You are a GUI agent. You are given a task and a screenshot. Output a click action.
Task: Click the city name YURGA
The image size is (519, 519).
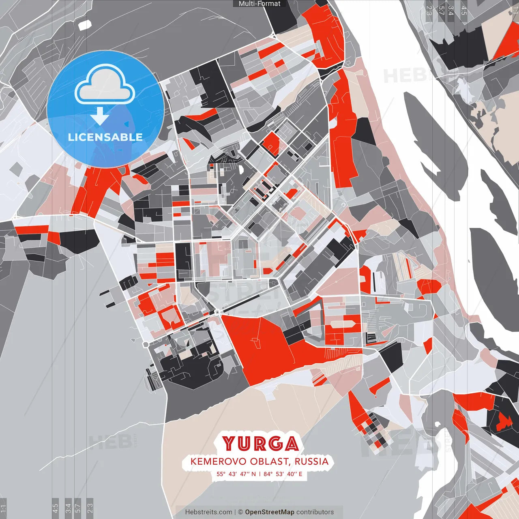pyautogui.click(x=260, y=444)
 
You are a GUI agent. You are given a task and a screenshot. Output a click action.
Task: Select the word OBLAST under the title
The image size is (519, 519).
pyautogui.click(x=269, y=461)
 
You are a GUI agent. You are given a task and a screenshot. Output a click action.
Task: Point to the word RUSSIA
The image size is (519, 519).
pyautogui.click(x=311, y=461)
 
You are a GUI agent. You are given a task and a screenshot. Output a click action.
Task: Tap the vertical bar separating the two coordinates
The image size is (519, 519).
pyautogui.click(x=259, y=474)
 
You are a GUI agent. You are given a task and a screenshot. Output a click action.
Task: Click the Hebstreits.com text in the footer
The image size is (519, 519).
pyautogui.click(x=208, y=512)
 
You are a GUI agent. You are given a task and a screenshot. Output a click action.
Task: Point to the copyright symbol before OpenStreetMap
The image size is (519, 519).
pyautogui.click(x=240, y=512)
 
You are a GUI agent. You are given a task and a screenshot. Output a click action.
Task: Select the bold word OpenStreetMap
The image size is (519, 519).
pyautogui.click(x=269, y=512)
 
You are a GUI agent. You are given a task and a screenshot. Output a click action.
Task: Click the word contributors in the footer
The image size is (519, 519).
pyautogui.click(x=315, y=512)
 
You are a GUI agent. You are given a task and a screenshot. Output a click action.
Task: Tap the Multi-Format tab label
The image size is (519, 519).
pyautogui.click(x=259, y=4)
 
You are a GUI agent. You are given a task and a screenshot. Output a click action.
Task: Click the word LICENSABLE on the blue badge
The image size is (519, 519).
pyautogui.click(x=105, y=137)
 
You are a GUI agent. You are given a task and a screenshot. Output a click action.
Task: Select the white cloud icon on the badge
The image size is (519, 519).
pyautogui.click(x=105, y=84)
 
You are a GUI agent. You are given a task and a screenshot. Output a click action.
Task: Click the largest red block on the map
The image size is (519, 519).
pyautogui.click(x=259, y=345)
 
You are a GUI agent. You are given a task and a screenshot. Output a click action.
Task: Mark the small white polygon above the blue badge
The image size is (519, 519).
pyautogui.click(x=85, y=25)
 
